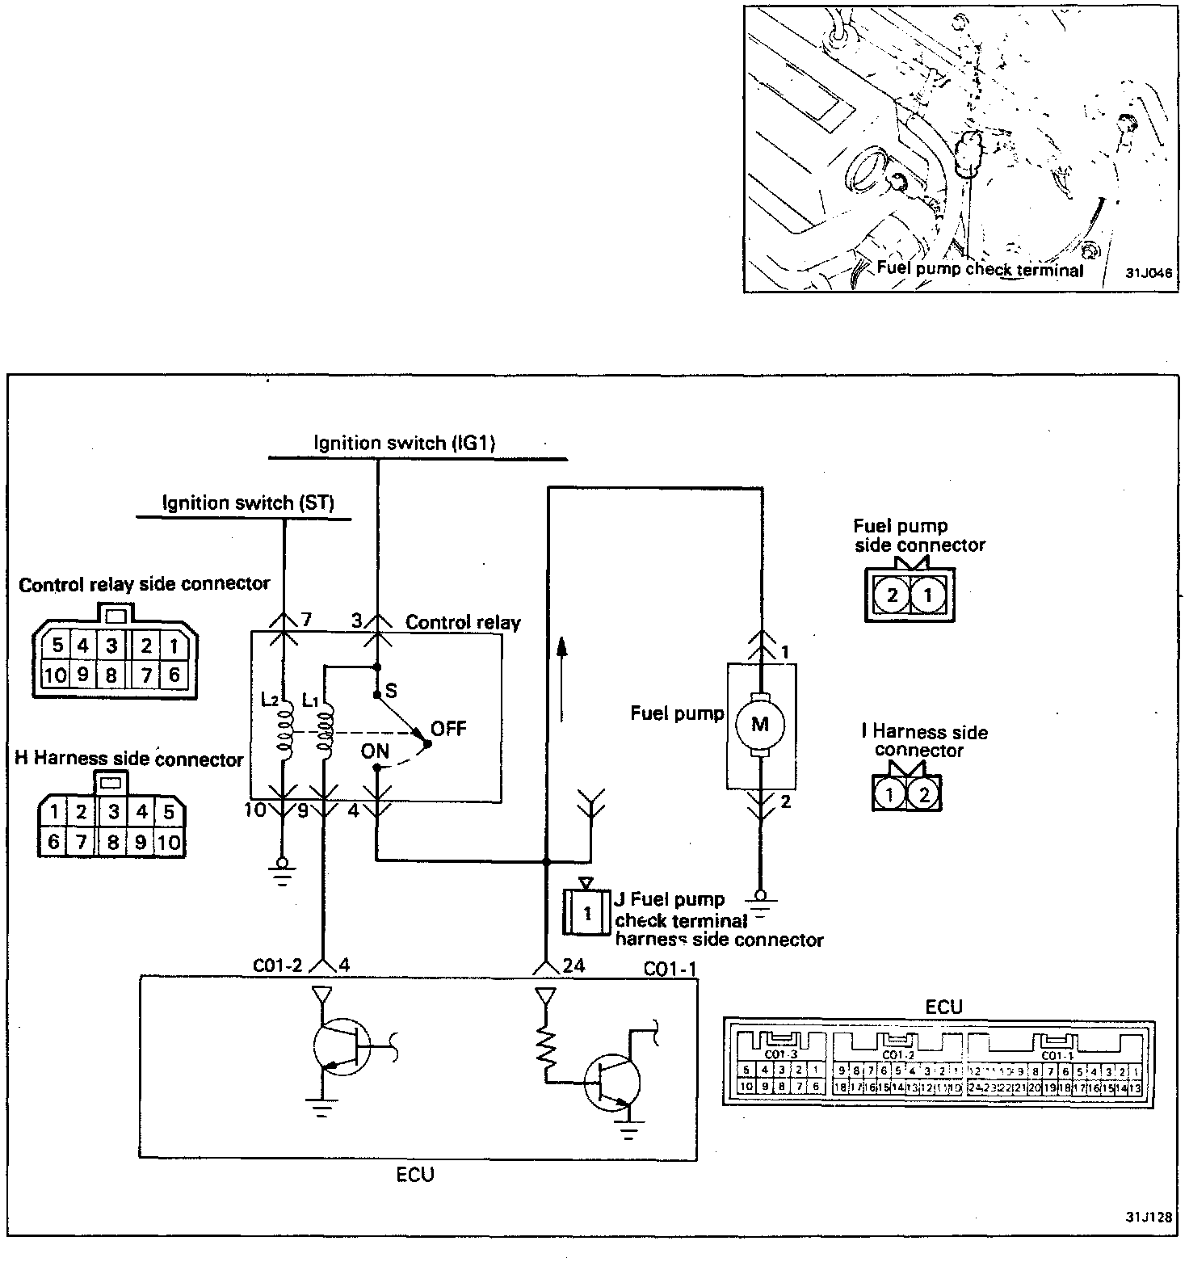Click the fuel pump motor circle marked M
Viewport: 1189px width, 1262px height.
pyautogui.click(x=760, y=724)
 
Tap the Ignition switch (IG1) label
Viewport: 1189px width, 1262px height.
pyautogui.click(x=404, y=443)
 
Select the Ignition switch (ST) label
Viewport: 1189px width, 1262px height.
pyautogui.click(x=248, y=503)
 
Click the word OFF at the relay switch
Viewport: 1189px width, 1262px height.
pyautogui.click(x=448, y=729)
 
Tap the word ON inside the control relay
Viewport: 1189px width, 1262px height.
pyautogui.click(x=375, y=751)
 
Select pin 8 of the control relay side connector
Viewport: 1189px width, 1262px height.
pyautogui.click(x=112, y=675)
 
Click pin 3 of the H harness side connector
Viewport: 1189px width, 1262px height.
pyautogui.click(x=114, y=811)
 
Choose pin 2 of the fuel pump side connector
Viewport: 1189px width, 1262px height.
pyautogui.click(x=892, y=596)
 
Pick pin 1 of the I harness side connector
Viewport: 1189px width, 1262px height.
pyautogui.click(x=889, y=794)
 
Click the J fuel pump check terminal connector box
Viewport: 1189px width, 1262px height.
pyautogui.click(x=587, y=913)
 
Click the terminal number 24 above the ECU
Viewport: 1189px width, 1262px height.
pyautogui.click(x=574, y=965)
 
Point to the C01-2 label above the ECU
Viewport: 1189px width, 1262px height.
pyautogui.click(x=277, y=965)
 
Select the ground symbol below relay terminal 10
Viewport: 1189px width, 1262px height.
pyautogui.click(x=282, y=870)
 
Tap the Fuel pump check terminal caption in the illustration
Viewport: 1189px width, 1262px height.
pyautogui.click(x=980, y=270)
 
